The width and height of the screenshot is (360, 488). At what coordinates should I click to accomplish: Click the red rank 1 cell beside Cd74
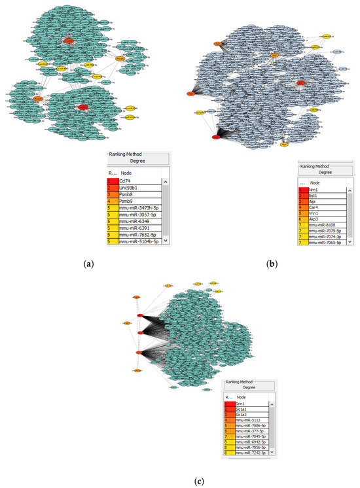click(x=113, y=182)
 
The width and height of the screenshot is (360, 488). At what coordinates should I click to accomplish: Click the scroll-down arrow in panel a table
click(x=166, y=240)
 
